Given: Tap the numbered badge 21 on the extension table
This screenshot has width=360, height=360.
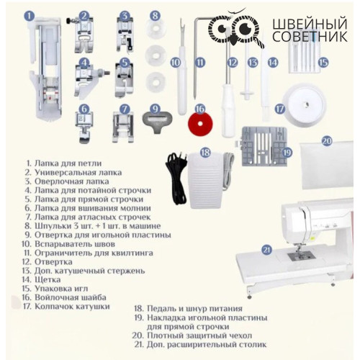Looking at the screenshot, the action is tap(266, 251).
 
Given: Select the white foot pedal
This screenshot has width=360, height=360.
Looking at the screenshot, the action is tap(206, 179).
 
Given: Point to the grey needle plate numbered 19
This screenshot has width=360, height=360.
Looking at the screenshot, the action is tap(264, 146).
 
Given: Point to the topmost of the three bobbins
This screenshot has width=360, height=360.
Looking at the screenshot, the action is tap(155, 30).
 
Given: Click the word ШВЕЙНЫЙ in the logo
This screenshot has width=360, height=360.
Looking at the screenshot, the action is tap(310, 24).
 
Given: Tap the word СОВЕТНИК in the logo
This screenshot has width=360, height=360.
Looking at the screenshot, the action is tap(310, 37).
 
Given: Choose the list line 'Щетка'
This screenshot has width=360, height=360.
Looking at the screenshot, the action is tap(48, 280).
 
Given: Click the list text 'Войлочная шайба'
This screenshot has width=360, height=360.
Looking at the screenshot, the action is tap(71, 297).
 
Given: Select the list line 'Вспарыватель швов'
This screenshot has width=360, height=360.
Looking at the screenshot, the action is tap(75, 244).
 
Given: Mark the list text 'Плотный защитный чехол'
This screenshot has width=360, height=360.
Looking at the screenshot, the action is tap(199, 336).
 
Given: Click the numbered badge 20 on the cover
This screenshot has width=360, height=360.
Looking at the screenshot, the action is tap(327, 141).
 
